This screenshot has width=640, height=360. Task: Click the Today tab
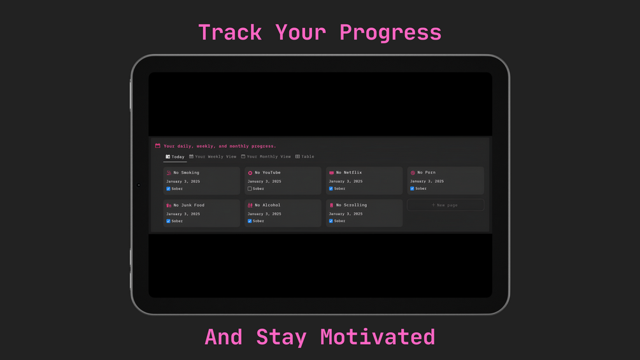coord(174,157)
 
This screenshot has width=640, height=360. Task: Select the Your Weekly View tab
coord(213,157)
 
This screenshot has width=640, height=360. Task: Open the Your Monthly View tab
coord(266,157)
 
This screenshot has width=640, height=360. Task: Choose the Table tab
coord(304,157)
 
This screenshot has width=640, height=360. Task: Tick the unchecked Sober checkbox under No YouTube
coord(250,189)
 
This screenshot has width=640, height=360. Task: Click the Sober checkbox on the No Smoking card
coord(168,189)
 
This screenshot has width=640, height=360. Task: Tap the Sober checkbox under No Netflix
coord(331,189)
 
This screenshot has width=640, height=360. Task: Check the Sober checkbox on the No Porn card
coord(412,189)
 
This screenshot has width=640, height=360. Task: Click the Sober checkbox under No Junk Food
coord(168,221)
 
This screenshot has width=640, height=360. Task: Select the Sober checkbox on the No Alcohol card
coord(250,221)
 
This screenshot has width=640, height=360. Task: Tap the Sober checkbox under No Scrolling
coord(331,221)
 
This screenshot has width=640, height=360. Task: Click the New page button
coord(445,205)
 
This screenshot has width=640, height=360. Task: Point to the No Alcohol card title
coord(267,205)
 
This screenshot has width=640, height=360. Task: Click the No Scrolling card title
coord(352,205)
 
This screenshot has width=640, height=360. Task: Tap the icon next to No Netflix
coord(331,173)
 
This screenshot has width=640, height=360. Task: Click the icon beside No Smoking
coord(169,173)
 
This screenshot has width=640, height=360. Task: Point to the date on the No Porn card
coord(427,181)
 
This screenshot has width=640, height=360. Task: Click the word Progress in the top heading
coord(390,32)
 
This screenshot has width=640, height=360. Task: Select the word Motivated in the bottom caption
coord(378,337)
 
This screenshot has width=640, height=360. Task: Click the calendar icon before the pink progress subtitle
coord(157,146)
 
